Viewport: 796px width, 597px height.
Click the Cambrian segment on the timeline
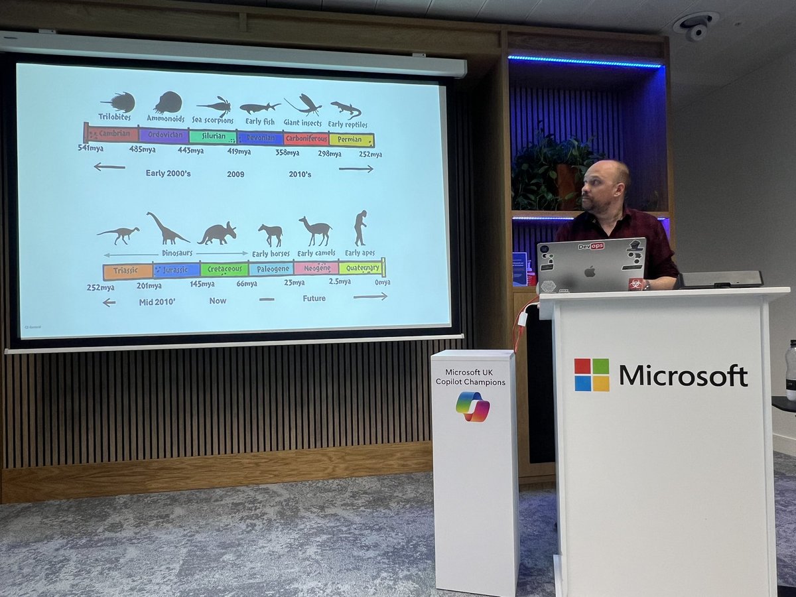tap(113, 133)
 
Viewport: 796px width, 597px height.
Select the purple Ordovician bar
tap(164, 135)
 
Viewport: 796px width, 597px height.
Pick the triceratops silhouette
tap(217, 233)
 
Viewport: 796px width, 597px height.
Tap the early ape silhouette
tap(360, 228)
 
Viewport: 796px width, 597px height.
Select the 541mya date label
tap(91, 147)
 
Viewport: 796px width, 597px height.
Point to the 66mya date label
tap(246, 283)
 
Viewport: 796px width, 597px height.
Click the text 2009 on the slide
tap(235, 174)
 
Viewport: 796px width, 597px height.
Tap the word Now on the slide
tap(218, 300)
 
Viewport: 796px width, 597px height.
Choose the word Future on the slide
tap(314, 298)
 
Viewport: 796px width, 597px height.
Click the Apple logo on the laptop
tap(588, 271)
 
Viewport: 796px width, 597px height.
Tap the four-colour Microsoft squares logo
tap(592, 375)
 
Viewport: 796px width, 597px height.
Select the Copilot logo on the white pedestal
tap(473, 406)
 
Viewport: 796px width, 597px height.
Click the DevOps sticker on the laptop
tap(590, 246)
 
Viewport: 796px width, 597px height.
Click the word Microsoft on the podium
tap(683, 375)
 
